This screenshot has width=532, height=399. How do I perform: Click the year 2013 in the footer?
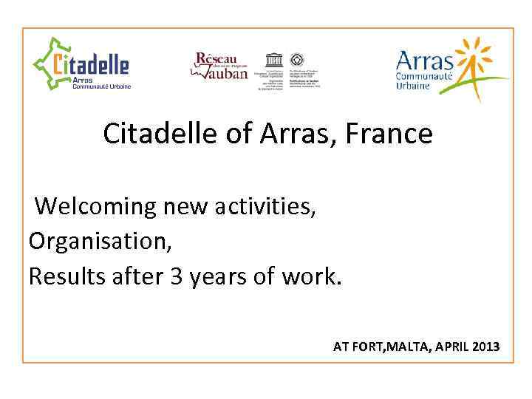pyautogui.click(x=484, y=347)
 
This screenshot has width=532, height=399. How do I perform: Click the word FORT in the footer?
pyautogui.click(x=365, y=347)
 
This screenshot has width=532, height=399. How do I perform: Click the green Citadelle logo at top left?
pyautogui.click(x=81, y=65)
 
